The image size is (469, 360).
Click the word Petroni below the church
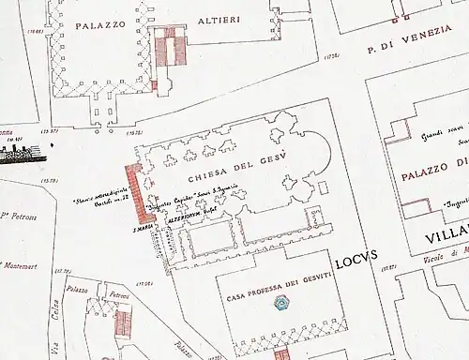119,295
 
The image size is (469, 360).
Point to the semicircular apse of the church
327,151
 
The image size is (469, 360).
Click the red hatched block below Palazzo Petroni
122,322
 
